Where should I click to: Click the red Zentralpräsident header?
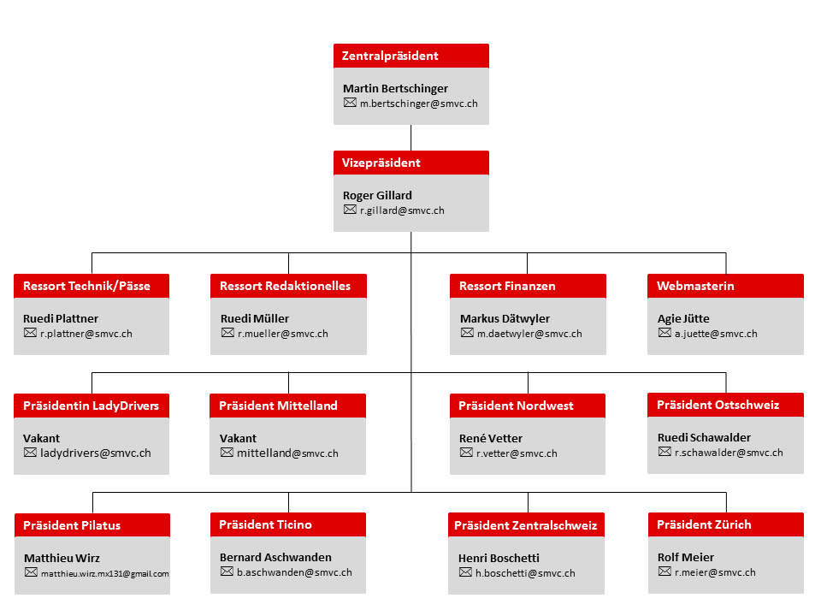(411, 56)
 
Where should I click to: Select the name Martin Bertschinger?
(395, 88)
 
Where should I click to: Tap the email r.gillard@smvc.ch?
(402, 210)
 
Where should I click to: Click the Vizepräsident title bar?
(411, 163)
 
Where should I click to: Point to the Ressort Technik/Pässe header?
(92, 286)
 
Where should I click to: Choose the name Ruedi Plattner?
(61, 318)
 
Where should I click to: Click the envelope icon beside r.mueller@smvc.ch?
(227, 333)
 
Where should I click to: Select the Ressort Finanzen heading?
(528, 286)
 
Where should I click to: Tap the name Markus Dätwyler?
(505, 318)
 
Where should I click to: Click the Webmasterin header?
(725, 286)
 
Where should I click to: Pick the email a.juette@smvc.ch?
(716, 334)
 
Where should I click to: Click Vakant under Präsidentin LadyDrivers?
(41, 438)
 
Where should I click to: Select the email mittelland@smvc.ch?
(287, 453)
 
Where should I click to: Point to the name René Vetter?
(491, 438)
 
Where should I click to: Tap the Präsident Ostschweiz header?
(725, 405)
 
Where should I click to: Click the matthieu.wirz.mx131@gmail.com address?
(104, 573)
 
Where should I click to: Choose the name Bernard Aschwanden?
(275, 557)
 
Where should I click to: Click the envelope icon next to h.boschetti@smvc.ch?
(465, 572)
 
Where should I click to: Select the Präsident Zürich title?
(726, 524)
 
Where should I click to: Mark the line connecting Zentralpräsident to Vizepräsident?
(411, 138)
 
